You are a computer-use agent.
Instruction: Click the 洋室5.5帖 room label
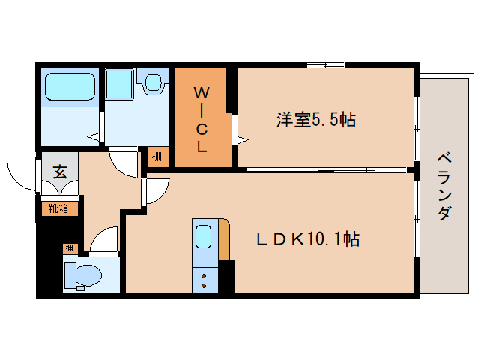315,120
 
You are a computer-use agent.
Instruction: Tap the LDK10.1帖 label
308,239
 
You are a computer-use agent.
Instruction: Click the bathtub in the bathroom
70,87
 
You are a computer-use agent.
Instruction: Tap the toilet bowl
84,276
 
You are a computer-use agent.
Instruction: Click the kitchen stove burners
203,280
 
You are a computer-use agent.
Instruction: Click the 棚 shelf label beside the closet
156,157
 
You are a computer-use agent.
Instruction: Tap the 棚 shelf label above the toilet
69,247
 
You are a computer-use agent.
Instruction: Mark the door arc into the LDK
154,192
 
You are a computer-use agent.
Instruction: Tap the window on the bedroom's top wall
325,67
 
